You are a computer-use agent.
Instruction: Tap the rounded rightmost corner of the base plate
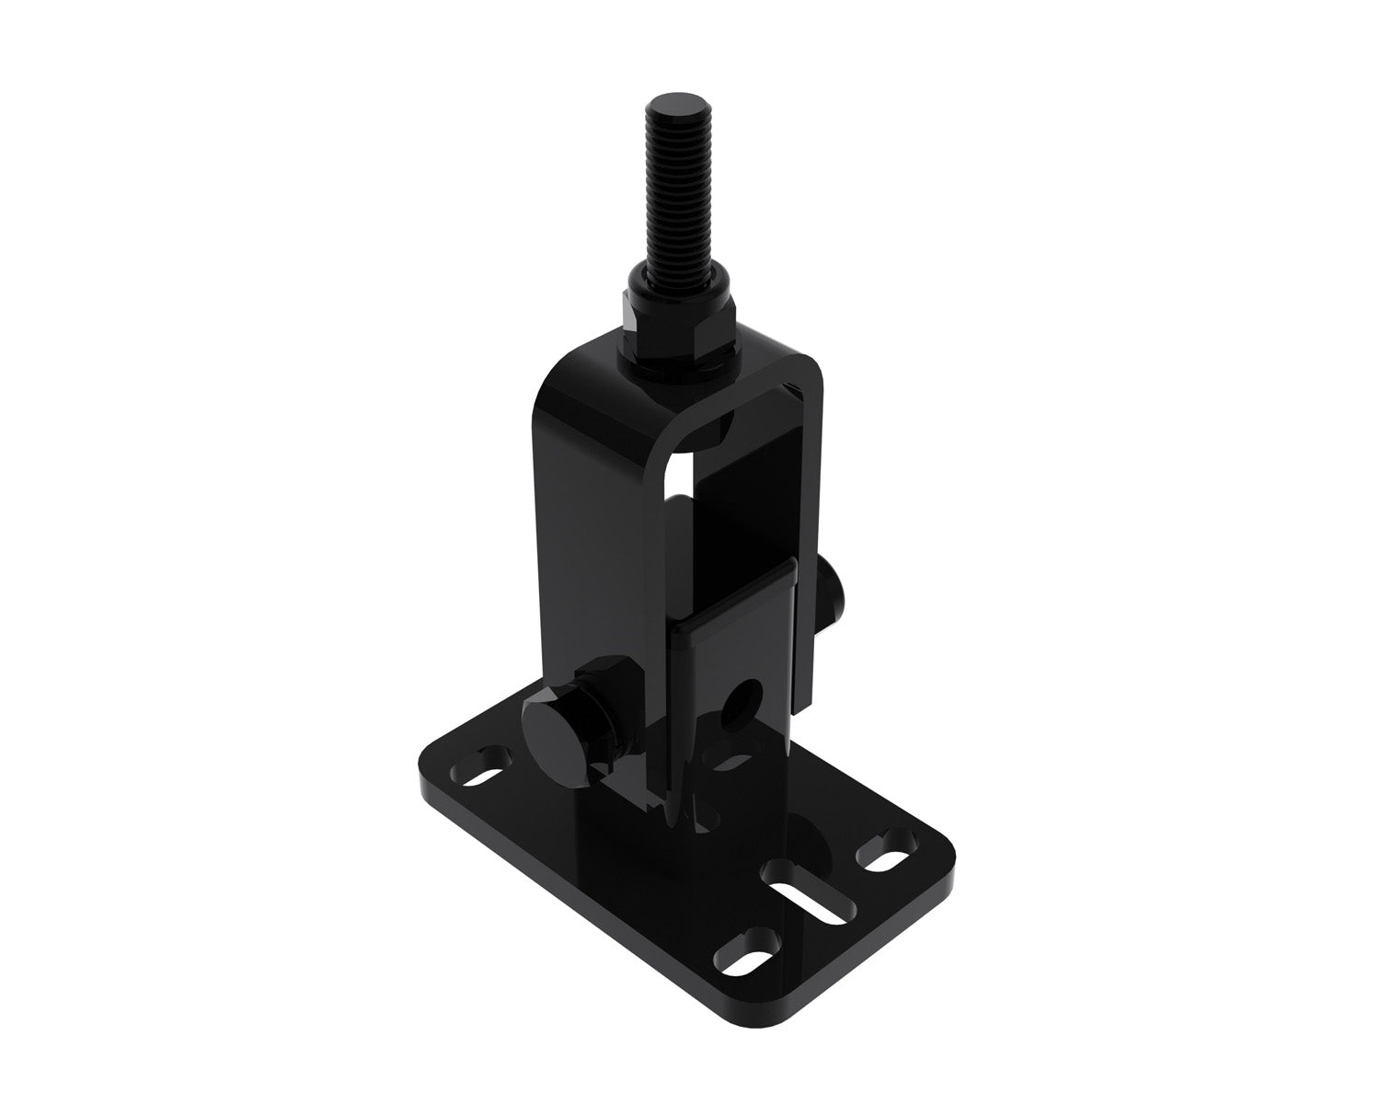pos(938,851)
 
